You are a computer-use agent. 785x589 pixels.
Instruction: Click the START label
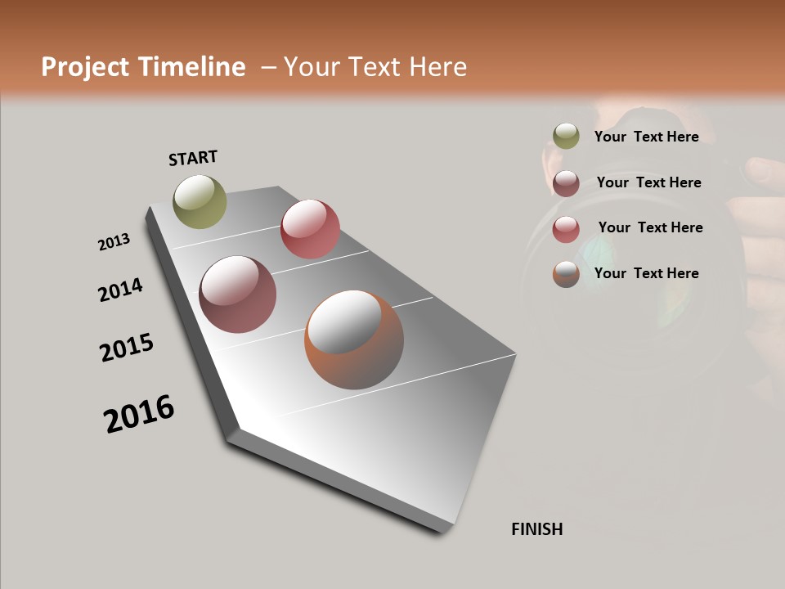pos(193,158)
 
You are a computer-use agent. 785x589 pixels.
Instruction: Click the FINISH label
pos(537,529)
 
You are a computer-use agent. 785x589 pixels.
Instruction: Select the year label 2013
pos(114,242)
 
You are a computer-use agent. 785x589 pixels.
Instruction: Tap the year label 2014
pos(120,290)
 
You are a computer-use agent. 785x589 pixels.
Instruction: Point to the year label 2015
pos(127,348)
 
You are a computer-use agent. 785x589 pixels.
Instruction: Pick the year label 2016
pos(139,413)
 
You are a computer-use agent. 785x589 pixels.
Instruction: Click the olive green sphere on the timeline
pos(200,201)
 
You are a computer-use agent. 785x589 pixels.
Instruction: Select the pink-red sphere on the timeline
pos(310,229)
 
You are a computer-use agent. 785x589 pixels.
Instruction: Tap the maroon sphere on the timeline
pos(237,294)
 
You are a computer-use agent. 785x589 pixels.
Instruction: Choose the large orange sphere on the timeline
pos(354,339)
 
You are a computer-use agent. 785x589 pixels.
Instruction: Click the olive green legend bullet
pos(566,137)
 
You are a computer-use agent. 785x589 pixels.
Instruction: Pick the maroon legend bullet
pos(566,182)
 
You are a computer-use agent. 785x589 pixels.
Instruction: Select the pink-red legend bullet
pos(566,228)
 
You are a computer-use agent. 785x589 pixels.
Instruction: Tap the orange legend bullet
pos(566,274)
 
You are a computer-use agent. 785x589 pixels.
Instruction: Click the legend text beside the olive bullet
pos(647,137)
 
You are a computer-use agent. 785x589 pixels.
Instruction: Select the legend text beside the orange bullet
pos(647,273)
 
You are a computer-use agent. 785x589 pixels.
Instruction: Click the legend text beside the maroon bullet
pos(649,182)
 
